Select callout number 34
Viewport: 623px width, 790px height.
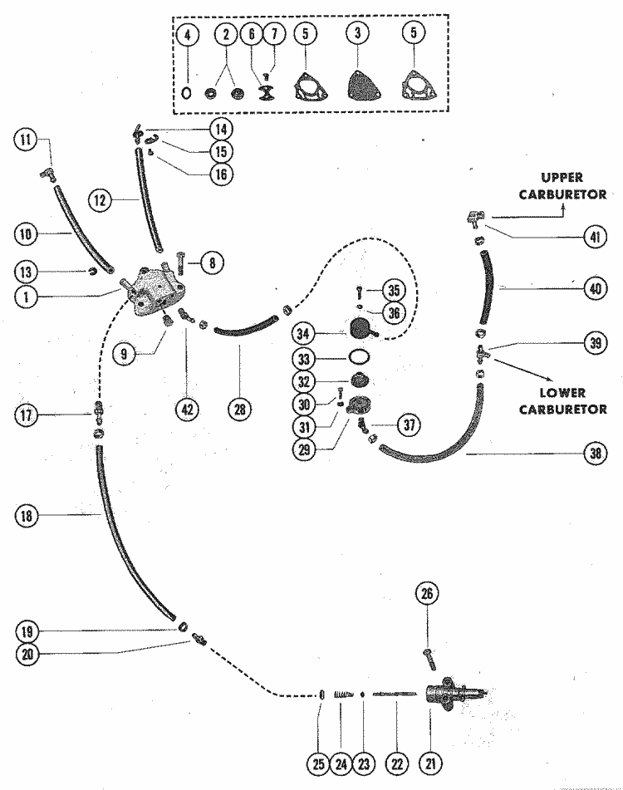pyautogui.click(x=305, y=334)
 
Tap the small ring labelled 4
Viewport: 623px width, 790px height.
pyautogui.click(x=188, y=94)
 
